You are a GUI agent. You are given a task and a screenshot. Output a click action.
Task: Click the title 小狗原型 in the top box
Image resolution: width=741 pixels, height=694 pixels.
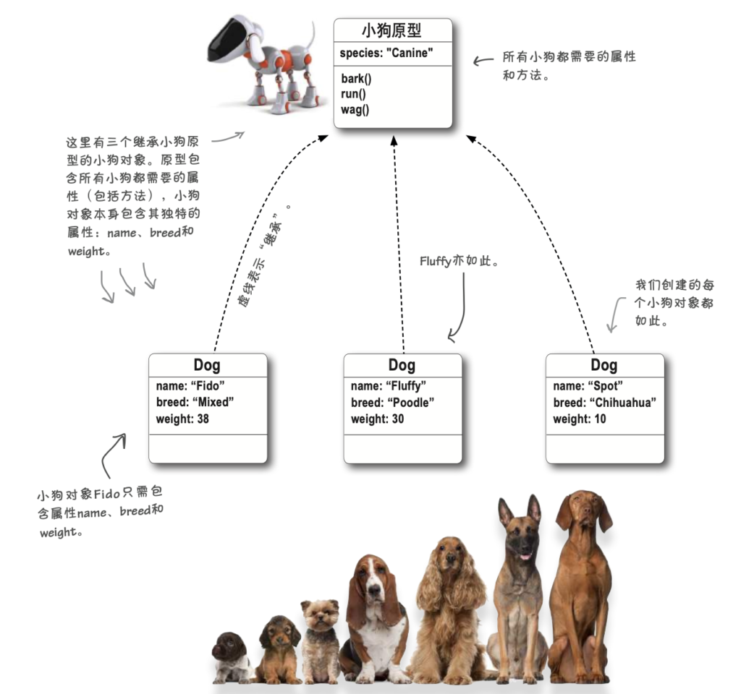391,30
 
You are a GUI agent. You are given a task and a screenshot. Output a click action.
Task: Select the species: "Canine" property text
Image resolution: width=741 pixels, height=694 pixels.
386,53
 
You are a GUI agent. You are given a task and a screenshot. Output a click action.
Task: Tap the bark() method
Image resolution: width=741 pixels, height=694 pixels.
356,78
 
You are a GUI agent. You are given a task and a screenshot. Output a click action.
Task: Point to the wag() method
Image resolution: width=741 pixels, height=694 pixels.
355,110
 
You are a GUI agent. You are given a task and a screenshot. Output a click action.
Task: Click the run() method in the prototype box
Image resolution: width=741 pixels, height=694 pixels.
353,94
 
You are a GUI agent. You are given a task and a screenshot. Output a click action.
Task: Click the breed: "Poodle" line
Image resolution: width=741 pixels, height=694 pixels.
392,403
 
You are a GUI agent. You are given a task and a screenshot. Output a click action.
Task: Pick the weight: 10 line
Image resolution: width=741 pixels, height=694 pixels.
580,419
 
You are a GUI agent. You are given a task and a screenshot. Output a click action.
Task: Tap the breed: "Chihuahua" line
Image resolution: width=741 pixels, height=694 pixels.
604,403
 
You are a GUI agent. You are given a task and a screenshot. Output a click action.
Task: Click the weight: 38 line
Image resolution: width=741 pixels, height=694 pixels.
182,419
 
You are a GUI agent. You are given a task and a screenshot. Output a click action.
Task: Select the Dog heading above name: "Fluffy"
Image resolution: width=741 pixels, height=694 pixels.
402,365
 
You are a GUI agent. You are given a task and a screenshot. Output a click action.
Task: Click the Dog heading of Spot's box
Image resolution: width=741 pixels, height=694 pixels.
604,365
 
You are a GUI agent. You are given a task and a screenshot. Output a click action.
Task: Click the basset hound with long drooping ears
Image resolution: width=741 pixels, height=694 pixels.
376,620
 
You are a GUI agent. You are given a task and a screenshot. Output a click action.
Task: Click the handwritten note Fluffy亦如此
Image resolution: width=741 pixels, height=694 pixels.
459,260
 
